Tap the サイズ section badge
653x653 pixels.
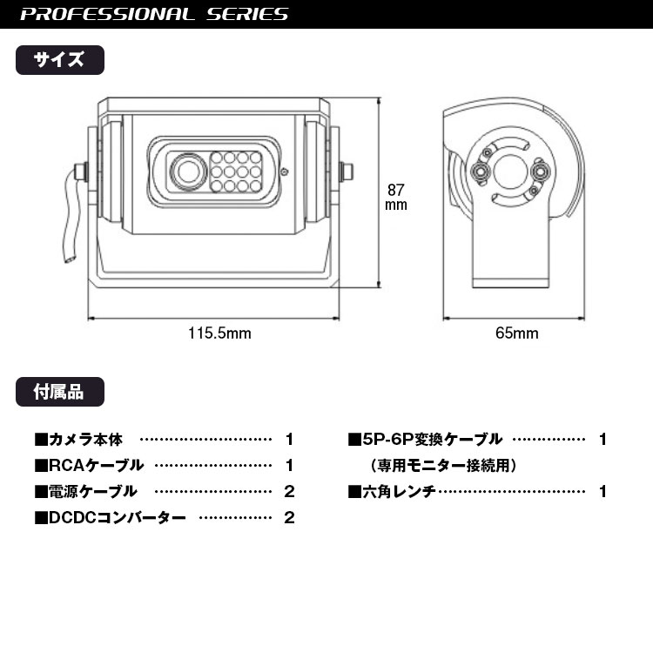(60, 60)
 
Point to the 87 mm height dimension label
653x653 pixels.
(395, 197)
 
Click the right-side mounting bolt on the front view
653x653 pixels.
(348, 172)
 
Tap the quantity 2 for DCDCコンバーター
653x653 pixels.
(289, 518)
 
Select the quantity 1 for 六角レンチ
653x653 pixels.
(603, 492)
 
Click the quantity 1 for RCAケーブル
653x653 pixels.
(289, 466)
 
